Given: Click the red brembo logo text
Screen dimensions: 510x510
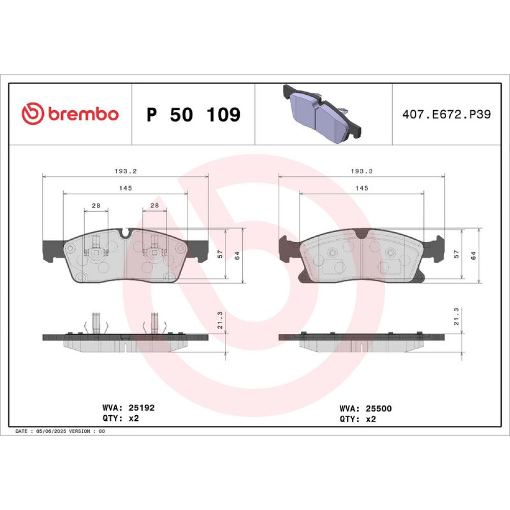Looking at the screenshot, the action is click(x=84, y=114).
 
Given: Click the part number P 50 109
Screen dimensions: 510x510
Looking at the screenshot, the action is click(x=193, y=114).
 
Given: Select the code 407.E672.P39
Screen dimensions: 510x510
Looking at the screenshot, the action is click(x=446, y=114).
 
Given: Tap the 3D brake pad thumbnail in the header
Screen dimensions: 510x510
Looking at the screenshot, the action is click(x=322, y=113).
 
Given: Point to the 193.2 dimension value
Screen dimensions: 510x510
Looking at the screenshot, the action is click(x=125, y=171).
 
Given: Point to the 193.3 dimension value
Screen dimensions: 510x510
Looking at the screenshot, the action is click(x=362, y=171).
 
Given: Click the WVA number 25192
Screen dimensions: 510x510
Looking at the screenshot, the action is click(x=141, y=407).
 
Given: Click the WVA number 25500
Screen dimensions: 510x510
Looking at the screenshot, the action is click(x=378, y=408).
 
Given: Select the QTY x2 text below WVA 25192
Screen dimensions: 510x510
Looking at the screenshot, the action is click(x=121, y=418).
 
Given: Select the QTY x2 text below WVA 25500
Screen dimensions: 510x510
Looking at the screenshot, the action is click(x=358, y=419).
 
